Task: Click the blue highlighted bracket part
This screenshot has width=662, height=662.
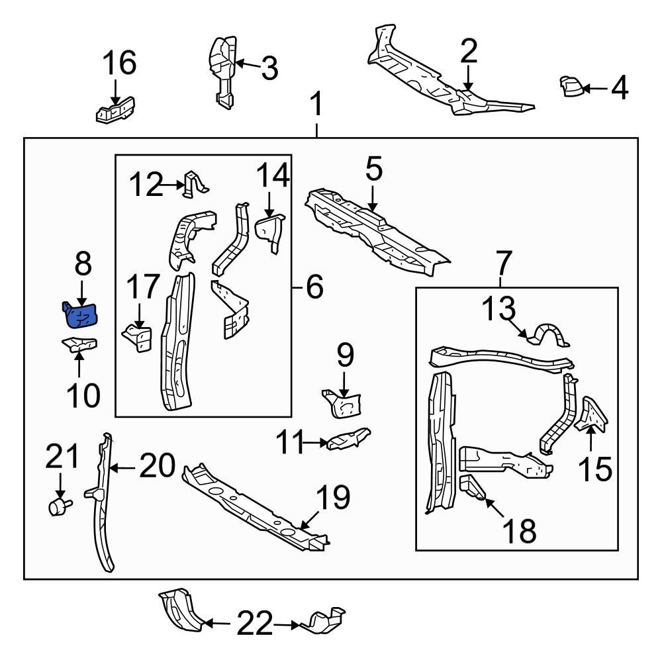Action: click(79, 315)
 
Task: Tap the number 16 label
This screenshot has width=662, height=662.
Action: click(119, 64)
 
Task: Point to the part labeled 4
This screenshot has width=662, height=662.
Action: click(570, 87)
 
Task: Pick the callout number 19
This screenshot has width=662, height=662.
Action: click(332, 497)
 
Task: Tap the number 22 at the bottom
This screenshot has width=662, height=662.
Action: click(256, 623)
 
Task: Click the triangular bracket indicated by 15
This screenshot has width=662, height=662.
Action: click(591, 416)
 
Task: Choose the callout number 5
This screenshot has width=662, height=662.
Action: click(373, 169)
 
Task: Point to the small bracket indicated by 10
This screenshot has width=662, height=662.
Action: click(79, 344)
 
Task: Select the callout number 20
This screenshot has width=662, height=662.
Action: click(156, 467)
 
